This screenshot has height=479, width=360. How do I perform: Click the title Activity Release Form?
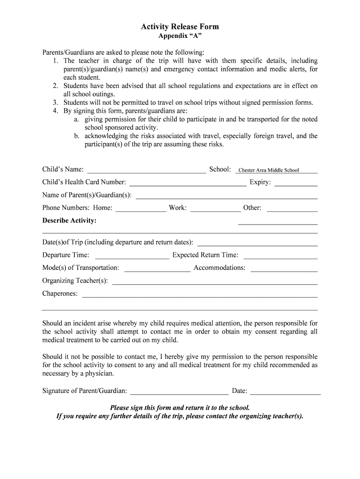point(180,27)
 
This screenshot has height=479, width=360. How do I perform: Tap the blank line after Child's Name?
point(146,170)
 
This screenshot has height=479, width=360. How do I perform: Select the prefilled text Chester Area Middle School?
point(269,170)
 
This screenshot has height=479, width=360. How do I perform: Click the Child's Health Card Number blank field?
point(187,183)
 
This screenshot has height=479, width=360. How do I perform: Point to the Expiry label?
point(260,182)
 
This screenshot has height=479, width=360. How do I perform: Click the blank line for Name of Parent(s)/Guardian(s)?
point(226,196)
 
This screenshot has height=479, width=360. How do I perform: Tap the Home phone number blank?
point(141,209)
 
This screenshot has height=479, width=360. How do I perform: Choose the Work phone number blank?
point(216,209)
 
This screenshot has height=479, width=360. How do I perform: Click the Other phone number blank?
point(292,209)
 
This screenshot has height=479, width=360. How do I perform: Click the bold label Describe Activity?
point(70,221)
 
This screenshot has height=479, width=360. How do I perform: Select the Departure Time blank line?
point(132,255)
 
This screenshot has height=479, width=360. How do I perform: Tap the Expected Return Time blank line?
point(281,255)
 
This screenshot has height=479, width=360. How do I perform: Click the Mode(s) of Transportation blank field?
point(157,269)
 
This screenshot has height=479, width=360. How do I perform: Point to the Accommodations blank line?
point(284,269)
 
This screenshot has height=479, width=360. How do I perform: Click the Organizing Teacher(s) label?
point(75,281)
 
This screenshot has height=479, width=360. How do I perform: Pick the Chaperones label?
point(60,294)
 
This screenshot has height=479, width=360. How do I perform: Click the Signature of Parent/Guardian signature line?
point(180,392)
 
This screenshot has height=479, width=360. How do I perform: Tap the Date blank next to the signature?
point(286,392)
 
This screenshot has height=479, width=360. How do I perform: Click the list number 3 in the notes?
point(55,102)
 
